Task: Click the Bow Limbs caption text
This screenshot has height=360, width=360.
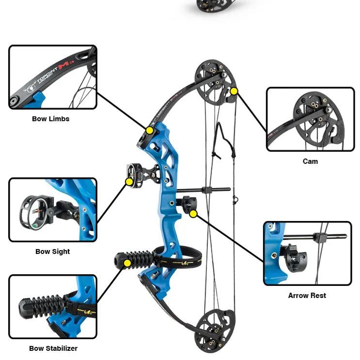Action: pyautogui.click(x=51, y=119)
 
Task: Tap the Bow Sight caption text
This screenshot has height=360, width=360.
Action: pyautogui.click(x=52, y=251)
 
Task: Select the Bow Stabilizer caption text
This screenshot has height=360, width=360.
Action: pyautogui.click(x=53, y=348)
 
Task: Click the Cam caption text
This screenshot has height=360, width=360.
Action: pyautogui.click(x=310, y=161)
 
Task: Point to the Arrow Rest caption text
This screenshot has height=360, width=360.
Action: pyautogui.click(x=307, y=296)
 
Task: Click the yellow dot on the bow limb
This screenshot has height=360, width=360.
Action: pyautogui.click(x=150, y=130)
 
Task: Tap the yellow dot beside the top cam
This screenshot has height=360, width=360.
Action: pyautogui.click(x=234, y=91)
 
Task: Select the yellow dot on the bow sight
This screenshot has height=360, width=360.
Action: pyautogui.click(x=129, y=182)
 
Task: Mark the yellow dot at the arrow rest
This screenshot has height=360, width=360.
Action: pyautogui.click(x=193, y=213)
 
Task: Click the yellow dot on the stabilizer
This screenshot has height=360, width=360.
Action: pyautogui.click(x=127, y=263)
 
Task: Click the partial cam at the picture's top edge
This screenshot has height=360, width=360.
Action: pyautogui.click(x=212, y=6)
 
